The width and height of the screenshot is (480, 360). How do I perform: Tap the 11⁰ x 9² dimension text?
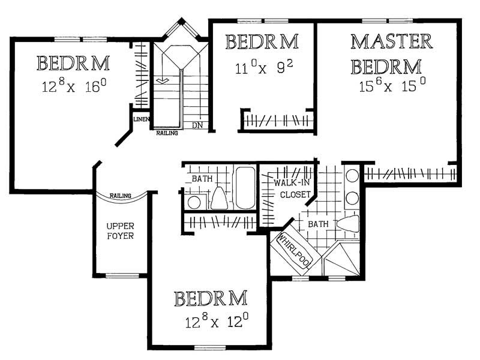click(x=264, y=67)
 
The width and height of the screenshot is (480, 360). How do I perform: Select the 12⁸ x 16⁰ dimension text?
click(x=74, y=86)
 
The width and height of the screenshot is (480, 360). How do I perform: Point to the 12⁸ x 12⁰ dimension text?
click(x=217, y=320)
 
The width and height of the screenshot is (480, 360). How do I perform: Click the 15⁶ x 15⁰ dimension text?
click(x=392, y=85)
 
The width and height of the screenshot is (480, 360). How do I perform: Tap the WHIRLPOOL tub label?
click(x=295, y=251)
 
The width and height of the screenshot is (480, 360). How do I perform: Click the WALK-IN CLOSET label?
click(x=292, y=188)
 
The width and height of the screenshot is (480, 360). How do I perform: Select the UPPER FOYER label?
click(x=120, y=231)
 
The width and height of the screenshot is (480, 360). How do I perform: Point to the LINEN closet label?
click(x=142, y=119)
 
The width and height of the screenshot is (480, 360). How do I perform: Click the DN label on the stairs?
click(x=197, y=125)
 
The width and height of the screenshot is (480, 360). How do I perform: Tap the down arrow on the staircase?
click(x=162, y=81)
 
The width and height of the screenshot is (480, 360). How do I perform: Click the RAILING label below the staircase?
click(x=167, y=133)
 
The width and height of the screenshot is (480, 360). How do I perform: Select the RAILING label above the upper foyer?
click(x=121, y=196)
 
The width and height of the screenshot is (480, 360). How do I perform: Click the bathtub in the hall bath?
click(x=245, y=188)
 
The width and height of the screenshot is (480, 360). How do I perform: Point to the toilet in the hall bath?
click(x=219, y=197)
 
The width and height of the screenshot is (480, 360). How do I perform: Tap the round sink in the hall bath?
click(x=194, y=202)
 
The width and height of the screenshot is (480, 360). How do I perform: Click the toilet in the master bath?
click(x=348, y=223)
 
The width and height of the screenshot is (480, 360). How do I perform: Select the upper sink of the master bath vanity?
click(x=352, y=176)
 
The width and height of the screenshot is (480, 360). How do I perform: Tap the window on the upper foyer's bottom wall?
click(x=118, y=276)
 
